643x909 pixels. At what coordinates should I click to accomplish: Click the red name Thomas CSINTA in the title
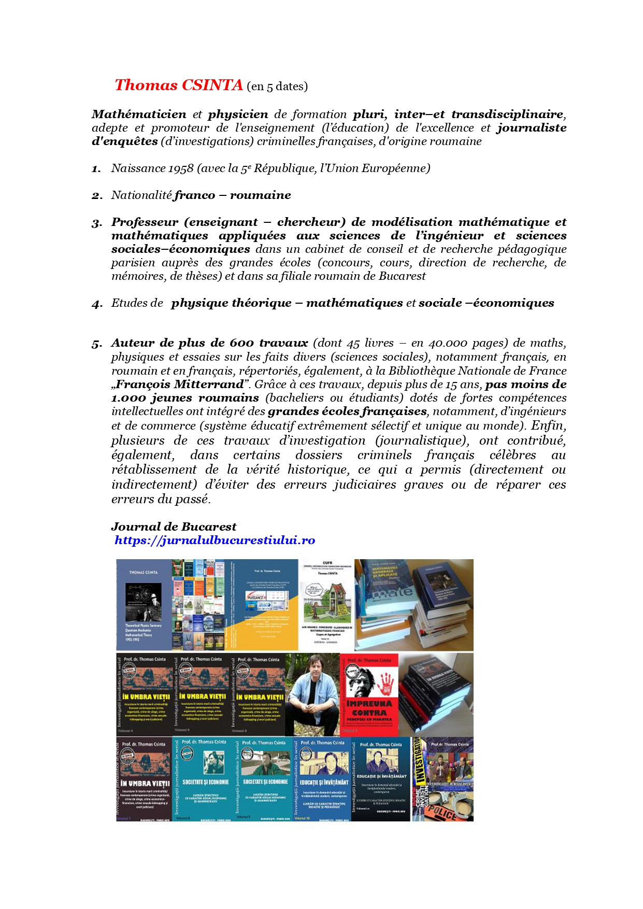[x=178, y=86]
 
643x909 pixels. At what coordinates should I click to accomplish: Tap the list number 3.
[x=97, y=223]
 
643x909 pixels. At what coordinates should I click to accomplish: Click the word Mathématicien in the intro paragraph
[x=139, y=115]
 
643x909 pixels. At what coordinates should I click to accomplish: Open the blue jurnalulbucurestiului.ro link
[x=215, y=541]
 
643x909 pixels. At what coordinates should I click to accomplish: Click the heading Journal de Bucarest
[x=174, y=527]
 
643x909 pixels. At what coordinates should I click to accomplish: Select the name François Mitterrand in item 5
[x=179, y=385]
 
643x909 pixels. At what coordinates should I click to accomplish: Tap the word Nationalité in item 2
[x=141, y=195]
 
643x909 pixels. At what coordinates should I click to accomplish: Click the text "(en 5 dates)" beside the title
[x=277, y=87]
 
